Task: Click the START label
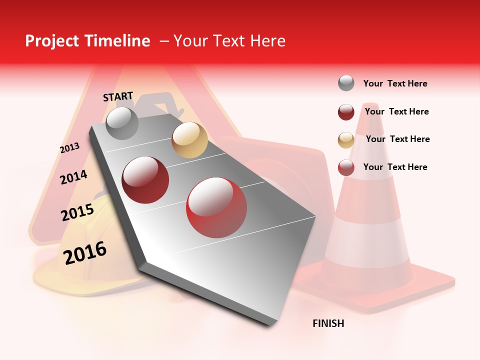[x=118, y=96]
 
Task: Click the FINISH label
[x=328, y=323]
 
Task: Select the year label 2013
[x=69, y=148]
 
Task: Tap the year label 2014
[x=73, y=177]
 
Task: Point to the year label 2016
[x=85, y=253]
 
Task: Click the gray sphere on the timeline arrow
[x=122, y=123]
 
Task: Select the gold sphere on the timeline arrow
[x=189, y=140]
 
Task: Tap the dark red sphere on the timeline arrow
[x=145, y=180]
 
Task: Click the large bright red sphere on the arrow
[x=216, y=207]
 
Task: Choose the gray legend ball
[x=346, y=83]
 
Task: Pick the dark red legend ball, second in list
[x=346, y=112]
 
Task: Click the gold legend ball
[x=346, y=139]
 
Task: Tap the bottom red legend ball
[x=346, y=167]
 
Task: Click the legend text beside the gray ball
[x=395, y=83]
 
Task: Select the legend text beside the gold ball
[x=397, y=139]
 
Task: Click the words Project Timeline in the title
[x=87, y=41]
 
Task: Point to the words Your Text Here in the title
[x=229, y=41]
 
